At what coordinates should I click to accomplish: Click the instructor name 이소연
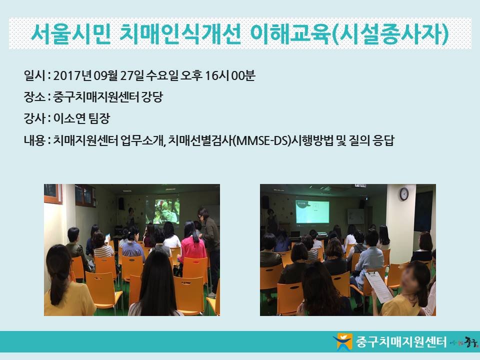click(69, 118)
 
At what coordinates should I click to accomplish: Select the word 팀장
click(99, 118)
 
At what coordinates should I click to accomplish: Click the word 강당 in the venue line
click(152, 97)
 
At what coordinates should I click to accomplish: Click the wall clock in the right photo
click(404, 194)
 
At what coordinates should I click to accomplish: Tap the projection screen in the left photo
click(162, 211)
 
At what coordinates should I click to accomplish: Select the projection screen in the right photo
click(312, 212)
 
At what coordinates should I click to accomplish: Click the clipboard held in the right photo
click(378, 286)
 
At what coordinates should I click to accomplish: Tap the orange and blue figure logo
click(343, 341)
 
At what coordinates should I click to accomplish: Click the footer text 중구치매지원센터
click(401, 342)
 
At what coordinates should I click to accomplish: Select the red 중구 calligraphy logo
click(471, 341)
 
